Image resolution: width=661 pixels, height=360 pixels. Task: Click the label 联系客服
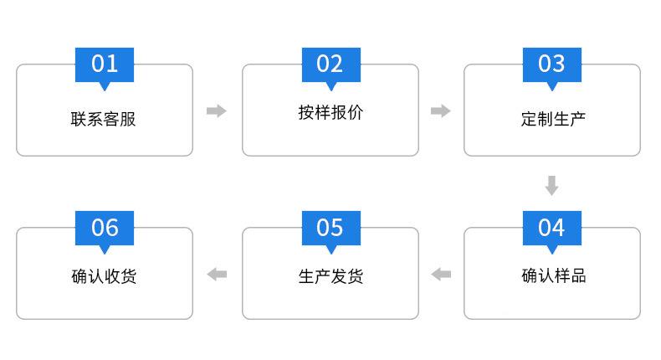[103, 119]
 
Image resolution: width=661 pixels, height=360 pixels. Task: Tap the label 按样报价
[330, 112]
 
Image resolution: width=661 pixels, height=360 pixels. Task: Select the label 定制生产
[553, 119]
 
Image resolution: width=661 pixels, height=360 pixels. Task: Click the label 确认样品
[554, 275]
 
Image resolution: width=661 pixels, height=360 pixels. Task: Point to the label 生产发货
[331, 276]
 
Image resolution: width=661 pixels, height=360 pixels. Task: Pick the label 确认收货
[104, 276]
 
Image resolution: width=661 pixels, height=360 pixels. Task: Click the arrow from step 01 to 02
[217, 111]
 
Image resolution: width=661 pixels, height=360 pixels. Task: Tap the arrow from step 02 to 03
[441, 111]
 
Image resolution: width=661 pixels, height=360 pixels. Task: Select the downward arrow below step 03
[552, 185]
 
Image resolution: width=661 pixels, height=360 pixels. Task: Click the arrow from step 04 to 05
[441, 275]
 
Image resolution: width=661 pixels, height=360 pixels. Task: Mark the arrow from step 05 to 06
[217, 275]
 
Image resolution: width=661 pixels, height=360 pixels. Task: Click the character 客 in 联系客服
[111, 119]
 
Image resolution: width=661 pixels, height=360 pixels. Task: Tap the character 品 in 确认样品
[578, 275]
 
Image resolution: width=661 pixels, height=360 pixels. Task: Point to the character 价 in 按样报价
[356, 112]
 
